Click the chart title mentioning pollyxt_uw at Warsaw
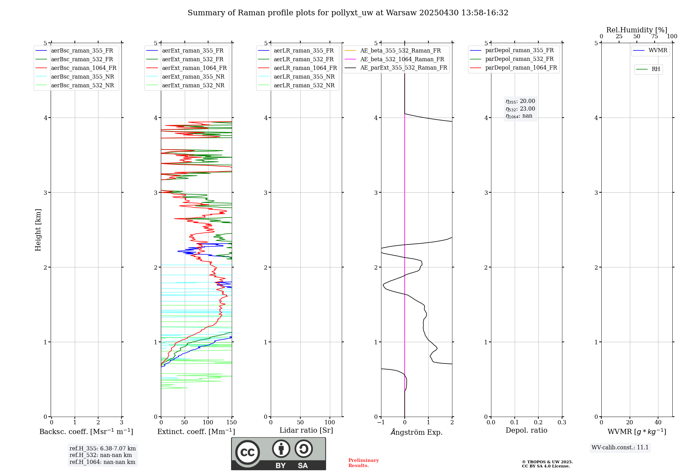(348, 13)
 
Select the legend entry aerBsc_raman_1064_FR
(84, 68)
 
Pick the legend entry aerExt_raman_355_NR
(193, 77)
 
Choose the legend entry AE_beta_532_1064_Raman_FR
(402, 59)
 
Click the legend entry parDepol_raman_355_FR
(519, 50)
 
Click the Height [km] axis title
(38, 230)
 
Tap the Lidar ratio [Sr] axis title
(306, 430)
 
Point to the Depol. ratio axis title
(526, 430)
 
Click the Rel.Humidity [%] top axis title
(636, 30)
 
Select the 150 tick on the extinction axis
(231, 423)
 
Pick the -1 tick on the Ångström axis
(381, 423)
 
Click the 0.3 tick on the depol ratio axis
(562, 423)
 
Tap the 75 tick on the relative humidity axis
(654, 37)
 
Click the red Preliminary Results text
(363, 463)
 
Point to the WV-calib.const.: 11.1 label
(620, 448)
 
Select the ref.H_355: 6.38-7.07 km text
(103, 449)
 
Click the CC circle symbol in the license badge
(247, 452)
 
